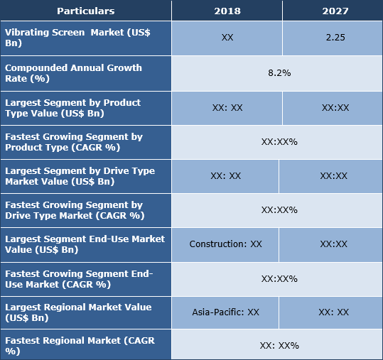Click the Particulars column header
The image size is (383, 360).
pos(85,11)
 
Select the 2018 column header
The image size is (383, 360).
pos(227,11)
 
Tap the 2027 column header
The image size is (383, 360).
pos(332,11)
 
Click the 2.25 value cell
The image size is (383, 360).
pos(332,38)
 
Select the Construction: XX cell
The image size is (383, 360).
pos(225,244)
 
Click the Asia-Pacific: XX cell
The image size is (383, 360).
pos(225,312)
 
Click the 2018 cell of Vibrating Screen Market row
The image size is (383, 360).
pos(227,38)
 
